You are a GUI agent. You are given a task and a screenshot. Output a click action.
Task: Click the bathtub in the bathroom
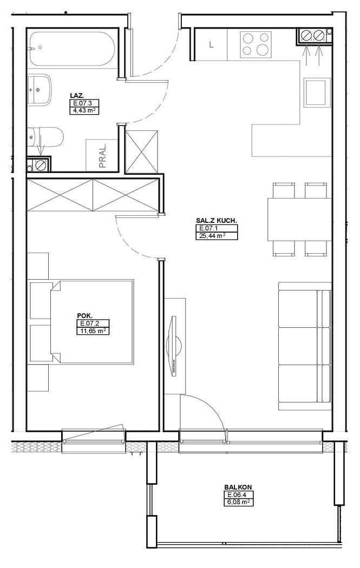click(73, 49)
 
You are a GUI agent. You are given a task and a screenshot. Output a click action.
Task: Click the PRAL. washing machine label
click(103, 155)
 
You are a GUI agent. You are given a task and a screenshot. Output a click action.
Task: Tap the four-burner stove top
click(256, 44)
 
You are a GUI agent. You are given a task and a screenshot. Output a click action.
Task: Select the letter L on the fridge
click(211, 45)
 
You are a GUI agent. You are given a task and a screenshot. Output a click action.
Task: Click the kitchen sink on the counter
click(317, 93)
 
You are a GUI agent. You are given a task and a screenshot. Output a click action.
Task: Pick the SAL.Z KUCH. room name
click(217, 220)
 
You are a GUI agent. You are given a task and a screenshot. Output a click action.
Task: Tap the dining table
click(299, 219)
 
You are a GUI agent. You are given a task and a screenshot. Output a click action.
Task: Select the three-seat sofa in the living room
click(305, 346)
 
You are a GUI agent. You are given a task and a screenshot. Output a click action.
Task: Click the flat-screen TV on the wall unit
click(174, 347)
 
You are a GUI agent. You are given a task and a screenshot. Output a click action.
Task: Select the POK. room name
click(82, 315)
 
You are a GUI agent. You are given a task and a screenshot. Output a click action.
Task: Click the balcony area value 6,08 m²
click(238, 502)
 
